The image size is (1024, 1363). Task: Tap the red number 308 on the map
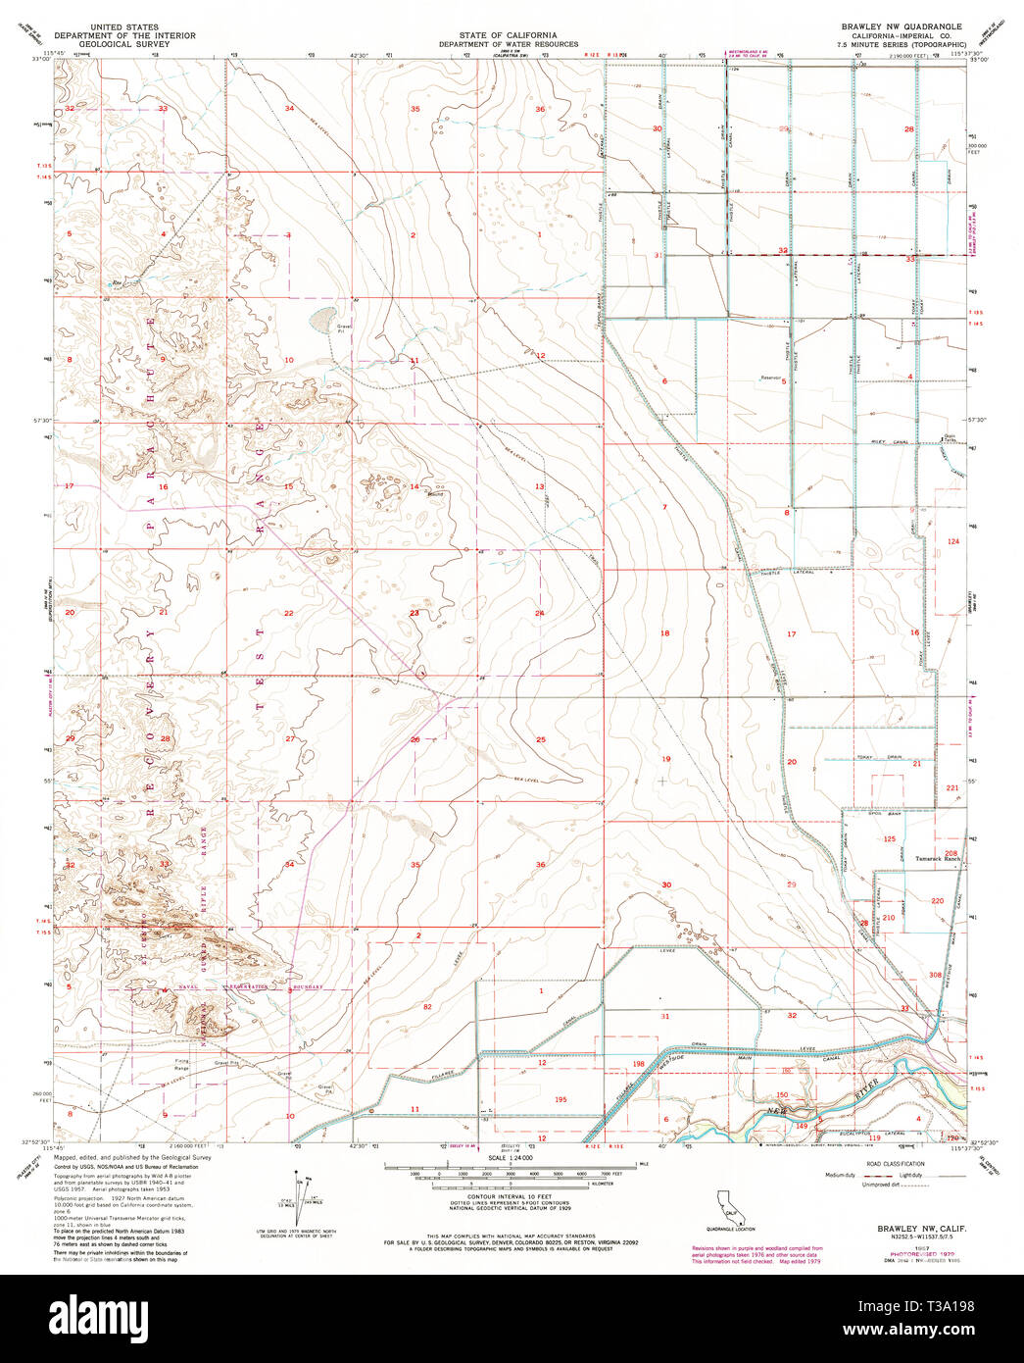[x=935, y=975]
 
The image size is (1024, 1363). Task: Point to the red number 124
[x=952, y=541]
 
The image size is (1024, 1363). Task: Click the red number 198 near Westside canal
[x=638, y=1063]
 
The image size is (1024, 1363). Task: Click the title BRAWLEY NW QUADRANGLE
[x=900, y=26]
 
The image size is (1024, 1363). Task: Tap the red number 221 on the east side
[x=951, y=788]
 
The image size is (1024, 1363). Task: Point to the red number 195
[x=561, y=1099]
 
